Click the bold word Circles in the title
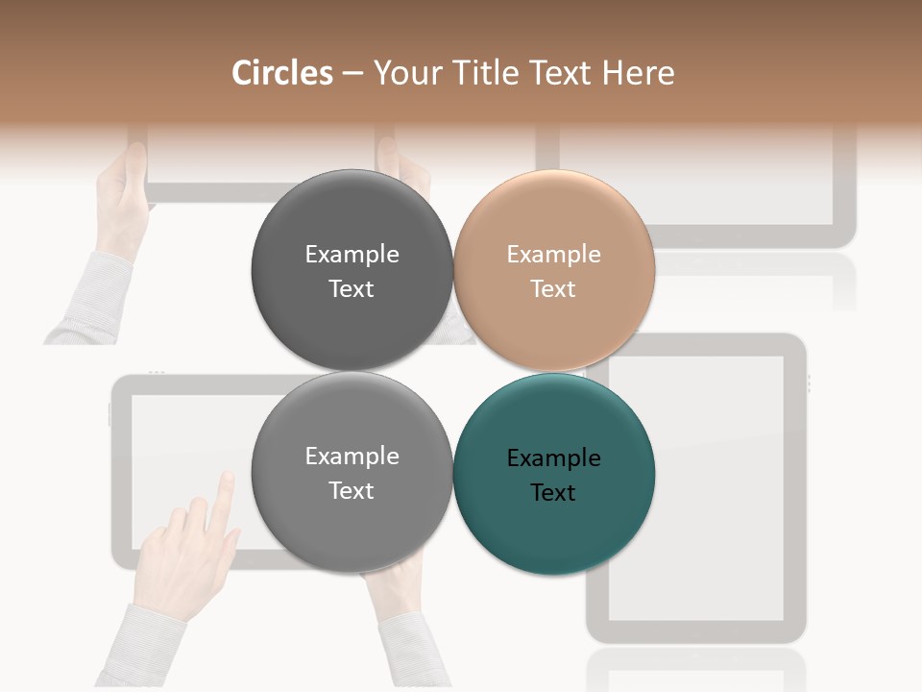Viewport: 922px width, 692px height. click(x=282, y=73)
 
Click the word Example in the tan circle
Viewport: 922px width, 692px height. click(x=553, y=255)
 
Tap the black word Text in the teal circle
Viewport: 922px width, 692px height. click(x=553, y=493)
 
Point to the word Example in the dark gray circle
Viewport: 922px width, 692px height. click(x=352, y=255)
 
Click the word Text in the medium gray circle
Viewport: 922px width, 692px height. click(x=352, y=491)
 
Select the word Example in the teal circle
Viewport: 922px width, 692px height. click(x=553, y=458)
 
